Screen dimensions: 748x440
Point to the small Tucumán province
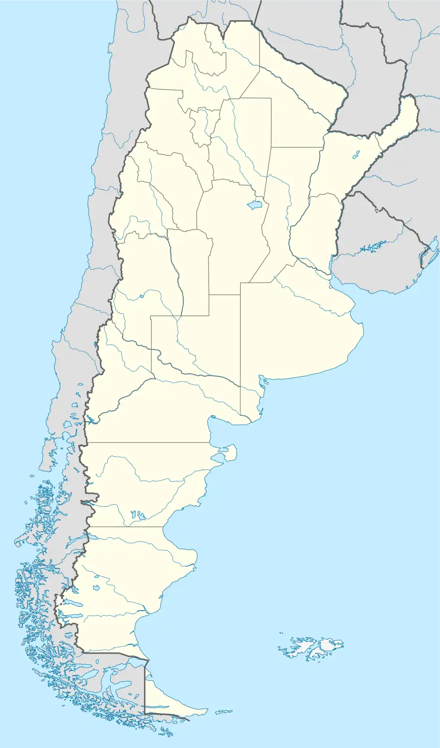[x=201, y=126]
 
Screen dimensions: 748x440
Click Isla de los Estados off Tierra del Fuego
[x=224, y=712]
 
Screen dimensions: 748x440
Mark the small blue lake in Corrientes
[x=356, y=155]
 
